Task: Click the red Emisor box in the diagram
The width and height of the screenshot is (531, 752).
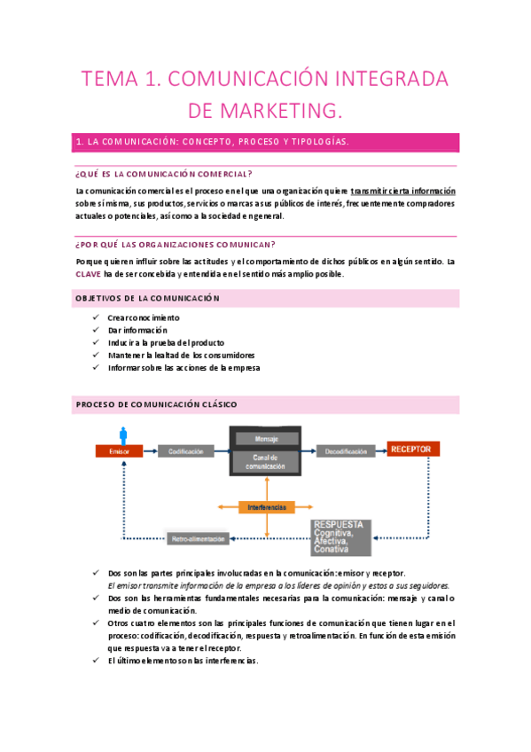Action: (x=119, y=451)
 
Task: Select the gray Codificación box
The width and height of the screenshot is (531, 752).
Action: (x=186, y=451)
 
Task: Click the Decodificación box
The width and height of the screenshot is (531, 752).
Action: (x=346, y=451)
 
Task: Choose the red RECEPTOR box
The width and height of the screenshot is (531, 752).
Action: (x=413, y=450)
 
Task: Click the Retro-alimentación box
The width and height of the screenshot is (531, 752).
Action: (x=197, y=538)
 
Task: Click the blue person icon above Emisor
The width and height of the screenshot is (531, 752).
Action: (x=123, y=434)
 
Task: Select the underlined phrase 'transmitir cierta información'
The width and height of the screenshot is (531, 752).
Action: (x=403, y=191)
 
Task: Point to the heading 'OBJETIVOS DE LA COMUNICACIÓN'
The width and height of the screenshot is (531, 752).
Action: (x=147, y=298)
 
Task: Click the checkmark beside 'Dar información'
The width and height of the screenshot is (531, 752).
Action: (x=95, y=330)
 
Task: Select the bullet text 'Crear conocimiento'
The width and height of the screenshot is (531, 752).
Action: (x=143, y=317)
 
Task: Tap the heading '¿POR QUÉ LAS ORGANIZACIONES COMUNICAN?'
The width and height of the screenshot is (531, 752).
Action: (x=176, y=245)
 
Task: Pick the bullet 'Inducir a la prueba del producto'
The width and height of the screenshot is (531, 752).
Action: (x=165, y=342)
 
